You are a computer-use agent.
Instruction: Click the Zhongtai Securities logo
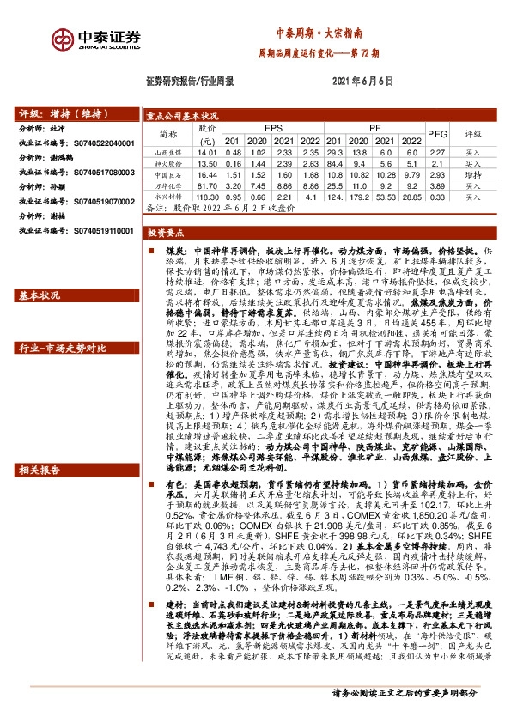[x=95, y=40]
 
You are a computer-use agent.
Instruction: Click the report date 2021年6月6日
[x=362, y=82]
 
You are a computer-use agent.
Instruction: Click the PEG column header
[x=437, y=135]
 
